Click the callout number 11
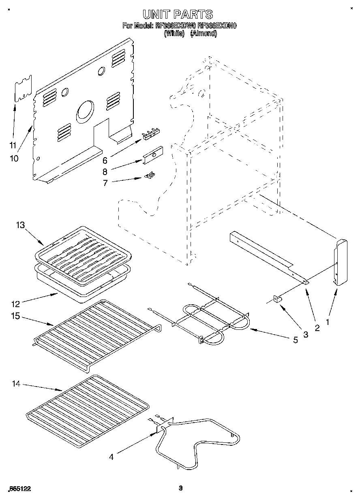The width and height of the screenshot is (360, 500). coord(13,145)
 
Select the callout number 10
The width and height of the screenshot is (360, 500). coord(14,158)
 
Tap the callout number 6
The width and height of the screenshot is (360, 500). coord(105,160)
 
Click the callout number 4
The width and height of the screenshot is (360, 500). coord(111,457)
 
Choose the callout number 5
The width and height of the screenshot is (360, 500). coord(295,340)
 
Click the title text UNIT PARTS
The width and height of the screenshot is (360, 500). coord(178,15)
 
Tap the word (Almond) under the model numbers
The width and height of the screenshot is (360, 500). coord(204,34)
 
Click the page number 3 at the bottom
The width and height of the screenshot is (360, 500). coord(181,488)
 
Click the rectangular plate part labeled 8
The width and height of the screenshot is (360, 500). coord(152,155)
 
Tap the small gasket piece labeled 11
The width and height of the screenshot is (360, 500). coord(23,89)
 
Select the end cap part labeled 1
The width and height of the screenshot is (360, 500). coord(341,262)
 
